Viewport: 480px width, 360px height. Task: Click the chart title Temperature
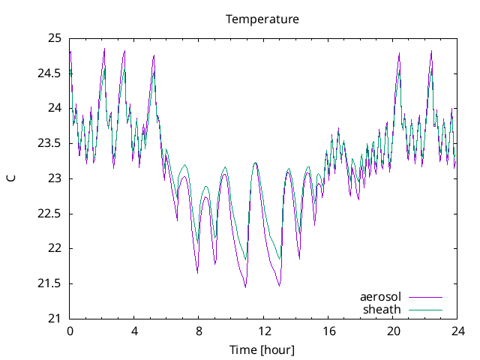(262, 19)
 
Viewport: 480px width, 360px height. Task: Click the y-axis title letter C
(11, 178)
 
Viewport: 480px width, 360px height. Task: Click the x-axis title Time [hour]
(262, 349)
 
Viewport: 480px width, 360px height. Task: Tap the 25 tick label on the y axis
(55, 38)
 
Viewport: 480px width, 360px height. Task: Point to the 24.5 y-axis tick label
(49, 73)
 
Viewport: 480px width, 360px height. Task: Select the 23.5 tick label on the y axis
(49, 143)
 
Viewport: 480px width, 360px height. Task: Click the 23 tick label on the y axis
(55, 178)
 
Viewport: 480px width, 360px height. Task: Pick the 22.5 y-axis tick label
(49, 214)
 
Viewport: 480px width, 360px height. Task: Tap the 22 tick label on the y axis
(55, 248)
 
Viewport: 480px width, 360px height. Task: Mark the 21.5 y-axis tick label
(49, 283)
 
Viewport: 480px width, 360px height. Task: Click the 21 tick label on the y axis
(55, 319)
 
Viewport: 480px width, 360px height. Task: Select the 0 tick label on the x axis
(70, 331)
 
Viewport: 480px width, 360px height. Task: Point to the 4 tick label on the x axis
(134, 331)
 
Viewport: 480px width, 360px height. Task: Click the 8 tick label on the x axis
(199, 331)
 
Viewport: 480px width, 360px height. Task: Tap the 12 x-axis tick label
(263, 331)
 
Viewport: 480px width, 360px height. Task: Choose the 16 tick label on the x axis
(328, 331)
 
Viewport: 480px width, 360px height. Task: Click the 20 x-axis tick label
(392, 331)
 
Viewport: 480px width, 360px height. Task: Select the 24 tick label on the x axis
(457, 331)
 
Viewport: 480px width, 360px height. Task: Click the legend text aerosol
(380, 297)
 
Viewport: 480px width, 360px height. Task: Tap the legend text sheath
(382, 309)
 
